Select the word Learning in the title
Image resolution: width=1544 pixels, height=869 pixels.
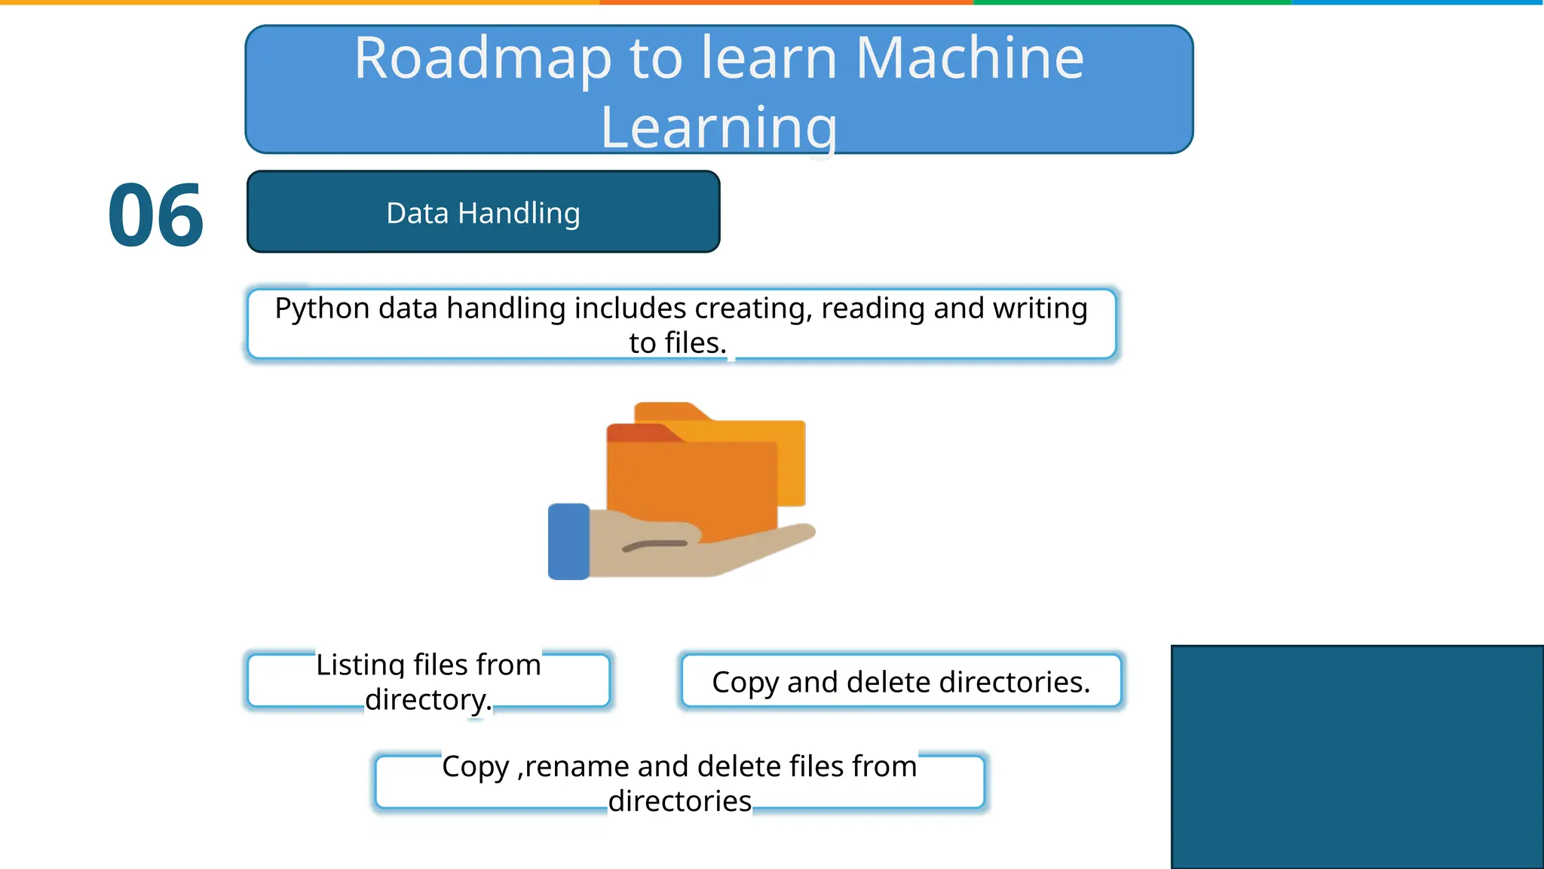click(718, 128)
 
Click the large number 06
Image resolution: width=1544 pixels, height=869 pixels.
click(156, 216)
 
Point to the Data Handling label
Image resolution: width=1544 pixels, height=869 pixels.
click(483, 213)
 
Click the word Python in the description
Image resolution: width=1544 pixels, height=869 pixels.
click(322, 309)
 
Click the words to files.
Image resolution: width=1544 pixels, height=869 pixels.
click(677, 343)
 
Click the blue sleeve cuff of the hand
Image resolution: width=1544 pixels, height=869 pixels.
click(568, 542)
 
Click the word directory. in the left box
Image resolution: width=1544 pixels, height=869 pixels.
click(428, 700)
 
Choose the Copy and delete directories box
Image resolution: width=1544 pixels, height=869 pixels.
click(901, 682)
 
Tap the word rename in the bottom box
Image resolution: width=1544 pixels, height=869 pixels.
click(577, 767)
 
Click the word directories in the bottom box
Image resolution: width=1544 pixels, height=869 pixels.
click(679, 801)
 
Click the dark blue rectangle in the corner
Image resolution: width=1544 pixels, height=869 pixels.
click(1357, 757)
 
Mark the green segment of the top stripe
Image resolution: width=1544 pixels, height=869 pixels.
click(1131, 2)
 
